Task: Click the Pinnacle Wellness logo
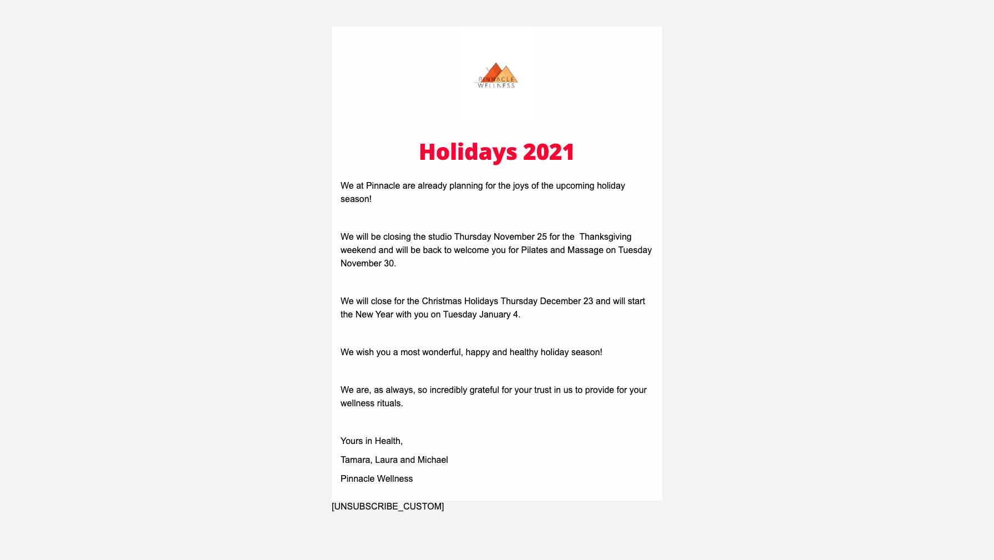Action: (496, 75)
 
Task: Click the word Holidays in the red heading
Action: (468, 152)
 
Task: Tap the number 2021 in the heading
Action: (549, 152)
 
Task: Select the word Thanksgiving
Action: (605, 237)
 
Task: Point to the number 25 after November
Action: (541, 237)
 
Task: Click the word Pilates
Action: (534, 250)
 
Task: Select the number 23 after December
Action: (588, 301)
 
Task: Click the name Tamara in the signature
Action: (355, 460)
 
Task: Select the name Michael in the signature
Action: (433, 460)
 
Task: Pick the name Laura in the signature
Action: (386, 460)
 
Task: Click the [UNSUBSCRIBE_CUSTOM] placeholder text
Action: (388, 507)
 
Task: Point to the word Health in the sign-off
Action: (388, 441)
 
